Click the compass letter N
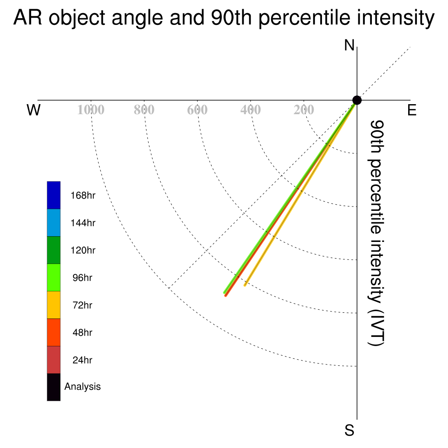349,45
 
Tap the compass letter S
350,430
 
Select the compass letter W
34,110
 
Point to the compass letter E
412,110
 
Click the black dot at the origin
357,100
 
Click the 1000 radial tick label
91,110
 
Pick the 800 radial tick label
144,110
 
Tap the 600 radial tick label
197,110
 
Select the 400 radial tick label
251,110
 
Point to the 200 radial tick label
304,110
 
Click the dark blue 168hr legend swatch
54,195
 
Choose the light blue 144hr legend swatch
54,223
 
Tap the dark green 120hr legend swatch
54,250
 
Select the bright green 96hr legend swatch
54,277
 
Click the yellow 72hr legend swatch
54,305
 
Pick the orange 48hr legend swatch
54,332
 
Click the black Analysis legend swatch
54,387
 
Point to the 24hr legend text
82,360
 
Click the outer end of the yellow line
245,285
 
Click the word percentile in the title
304,18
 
